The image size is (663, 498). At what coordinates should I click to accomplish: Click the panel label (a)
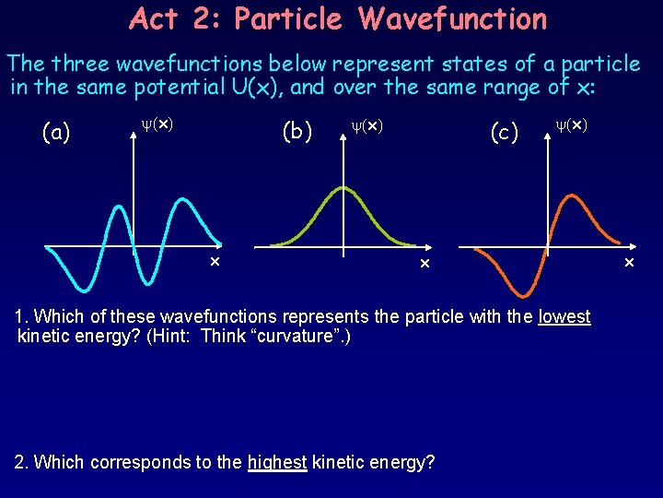pyautogui.click(x=56, y=133)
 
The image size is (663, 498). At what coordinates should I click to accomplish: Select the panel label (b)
pyautogui.click(x=296, y=133)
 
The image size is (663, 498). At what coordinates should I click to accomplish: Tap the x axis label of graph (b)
pyautogui.click(x=425, y=265)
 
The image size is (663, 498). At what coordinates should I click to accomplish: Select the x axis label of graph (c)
pyautogui.click(x=630, y=264)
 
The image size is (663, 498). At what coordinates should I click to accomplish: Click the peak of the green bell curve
pyautogui.click(x=343, y=187)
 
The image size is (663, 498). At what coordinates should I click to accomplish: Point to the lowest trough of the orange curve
pyautogui.click(x=522, y=295)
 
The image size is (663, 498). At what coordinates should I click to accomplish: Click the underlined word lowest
pyautogui.click(x=564, y=317)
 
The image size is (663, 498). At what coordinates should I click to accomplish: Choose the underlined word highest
pyautogui.click(x=277, y=462)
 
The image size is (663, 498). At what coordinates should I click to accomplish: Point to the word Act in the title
pyautogui.click(x=153, y=18)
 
